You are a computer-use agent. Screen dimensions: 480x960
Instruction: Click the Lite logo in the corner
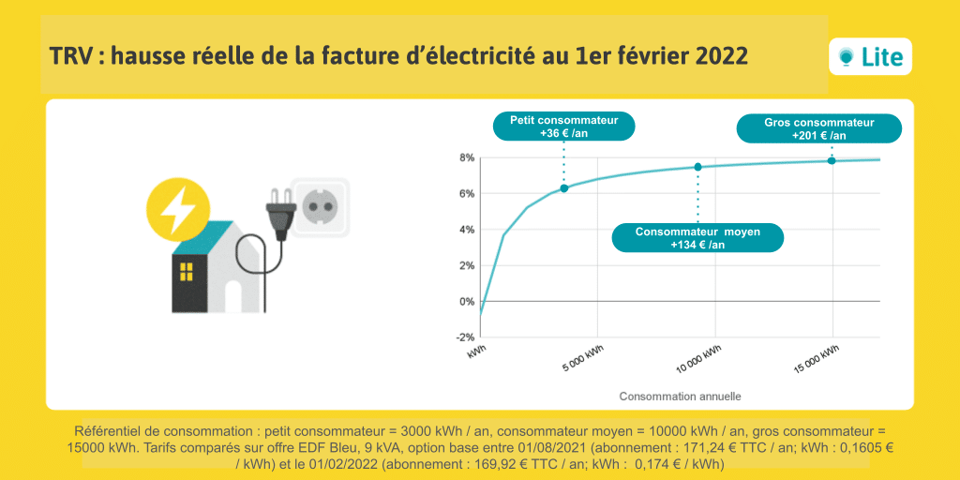pyautogui.click(x=870, y=57)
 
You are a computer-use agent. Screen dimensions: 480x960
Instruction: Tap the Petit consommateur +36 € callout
pyautogui.click(x=563, y=127)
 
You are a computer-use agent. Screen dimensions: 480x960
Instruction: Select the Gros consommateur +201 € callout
pyautogui.click(x=818, y=128)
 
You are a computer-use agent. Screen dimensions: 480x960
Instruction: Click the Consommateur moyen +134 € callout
pyautogui.click(x=697, y=237)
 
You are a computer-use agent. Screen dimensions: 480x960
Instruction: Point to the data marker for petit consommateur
pyautogui.click(x=564, y=188)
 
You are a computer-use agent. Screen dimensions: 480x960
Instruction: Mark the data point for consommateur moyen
pyautogui.click(x=697, y=167)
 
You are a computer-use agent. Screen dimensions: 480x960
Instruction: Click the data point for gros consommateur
pyautogui.click(x=832, y=160)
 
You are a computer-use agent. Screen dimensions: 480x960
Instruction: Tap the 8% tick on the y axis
pyautogui.click(x=466, y=157)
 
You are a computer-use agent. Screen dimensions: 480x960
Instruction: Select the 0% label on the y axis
pyautogui.click(x=466, y=302)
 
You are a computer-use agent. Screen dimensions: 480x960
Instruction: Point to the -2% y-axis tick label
pyautogui.click(x=465, y=337)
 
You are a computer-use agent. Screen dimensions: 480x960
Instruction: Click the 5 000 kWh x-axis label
pyautogui.click(x=583, y=360)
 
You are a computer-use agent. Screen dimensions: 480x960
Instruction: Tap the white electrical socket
pyautogui.click(x=320, y=206)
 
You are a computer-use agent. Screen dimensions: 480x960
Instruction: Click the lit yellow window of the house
pyautogui.click(x=186, y=272)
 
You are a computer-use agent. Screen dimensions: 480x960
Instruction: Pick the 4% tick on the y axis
pyautogui.click(x=466, y=230)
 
